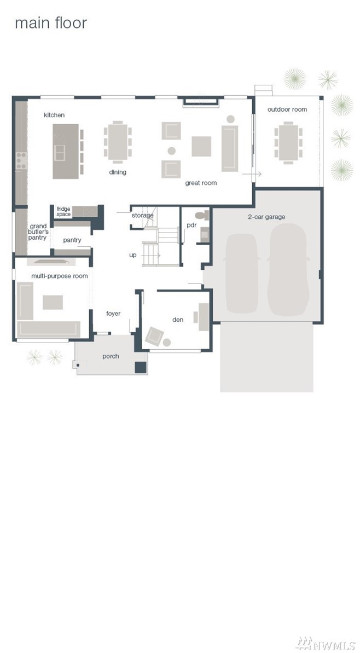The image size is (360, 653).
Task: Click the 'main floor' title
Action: [x=51, y=24]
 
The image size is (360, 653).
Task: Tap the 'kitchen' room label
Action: [x=54, y=115]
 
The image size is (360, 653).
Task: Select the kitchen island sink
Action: [x=60, y=153]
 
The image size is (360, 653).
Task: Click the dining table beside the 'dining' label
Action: [x=118, y=142]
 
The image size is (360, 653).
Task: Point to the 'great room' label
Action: [x=201, y=183]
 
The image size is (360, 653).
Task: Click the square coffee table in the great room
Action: [x=201, y=146]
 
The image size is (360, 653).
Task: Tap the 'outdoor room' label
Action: [x=287, y=109]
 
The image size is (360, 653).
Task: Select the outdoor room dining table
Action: [x=288, y=142]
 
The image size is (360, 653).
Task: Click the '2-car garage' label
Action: [x=266, y=217]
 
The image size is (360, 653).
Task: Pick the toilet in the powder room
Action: [x=202, y=216]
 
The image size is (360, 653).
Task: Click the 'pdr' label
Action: [x=191, y=226]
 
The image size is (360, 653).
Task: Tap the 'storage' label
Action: [x=143, y=215]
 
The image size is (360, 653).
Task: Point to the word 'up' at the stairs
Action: [x=133, y=255]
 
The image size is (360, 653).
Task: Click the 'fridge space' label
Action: [x=63, y=212]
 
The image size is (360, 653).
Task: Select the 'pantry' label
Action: [x=72, y=240]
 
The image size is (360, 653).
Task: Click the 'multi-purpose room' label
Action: [x=60, y=276]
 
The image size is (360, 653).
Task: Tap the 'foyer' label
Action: [x=113, y=314]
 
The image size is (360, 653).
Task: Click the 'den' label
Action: [x=178, y=320]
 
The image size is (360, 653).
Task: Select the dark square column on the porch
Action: [x=141, y=367]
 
